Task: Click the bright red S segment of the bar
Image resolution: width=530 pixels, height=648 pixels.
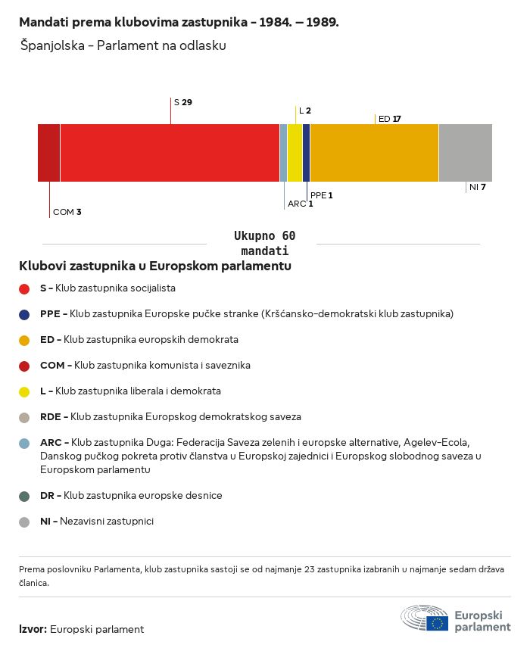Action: pyautogui.click(x=170, y=153)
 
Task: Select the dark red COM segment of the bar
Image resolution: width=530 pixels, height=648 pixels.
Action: pyautogui.click(x=48, y=153)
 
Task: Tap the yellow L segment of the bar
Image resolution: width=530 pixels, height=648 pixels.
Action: pyautogui.click(x=295, y=153)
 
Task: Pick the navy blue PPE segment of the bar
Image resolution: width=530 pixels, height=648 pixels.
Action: pyautogui.click(x=307, y=153)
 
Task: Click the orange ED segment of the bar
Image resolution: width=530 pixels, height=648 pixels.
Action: pyautogui.click(x=374, y=153)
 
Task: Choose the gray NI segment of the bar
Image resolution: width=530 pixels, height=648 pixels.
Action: pyautogui.click(x=466, y=153)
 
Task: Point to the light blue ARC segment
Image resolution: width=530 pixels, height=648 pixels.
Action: pyautogui.click(x=284, y=153)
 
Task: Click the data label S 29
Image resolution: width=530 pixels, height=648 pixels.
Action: pyautogui.click(x=183, y=102)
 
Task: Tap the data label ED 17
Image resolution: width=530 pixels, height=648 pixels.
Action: pyautogui.click(x=390, y=119)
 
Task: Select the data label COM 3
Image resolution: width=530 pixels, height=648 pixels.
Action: pyautogui.click(x=67, y=212)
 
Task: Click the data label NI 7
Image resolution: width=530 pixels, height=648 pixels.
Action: pyautogui.click(x=478, y=187)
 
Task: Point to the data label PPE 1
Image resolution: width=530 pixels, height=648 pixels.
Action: pyautogui.click(x=322, y=195)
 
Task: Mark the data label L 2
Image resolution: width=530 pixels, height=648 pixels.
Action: pyautogui.click(x=305, y=111)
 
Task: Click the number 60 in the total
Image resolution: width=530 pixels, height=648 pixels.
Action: pyautogui.click(x=288, y=236)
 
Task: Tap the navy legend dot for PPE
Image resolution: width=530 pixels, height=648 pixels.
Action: pyautogui.click(x=24, y=315)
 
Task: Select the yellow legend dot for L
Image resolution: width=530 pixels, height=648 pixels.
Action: pyautogui.click(x=24, y=392)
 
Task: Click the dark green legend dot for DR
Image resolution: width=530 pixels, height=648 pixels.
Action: pyautogui.click(x=24, y=497)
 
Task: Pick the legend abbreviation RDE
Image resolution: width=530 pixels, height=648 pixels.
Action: pyautogui.click(x=51, y=416)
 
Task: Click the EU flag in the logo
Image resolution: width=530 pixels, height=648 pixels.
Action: pyautogui.click(x=437, y=623)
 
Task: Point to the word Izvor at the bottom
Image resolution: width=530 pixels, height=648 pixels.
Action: pyautogui.click(x=32, y=629)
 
